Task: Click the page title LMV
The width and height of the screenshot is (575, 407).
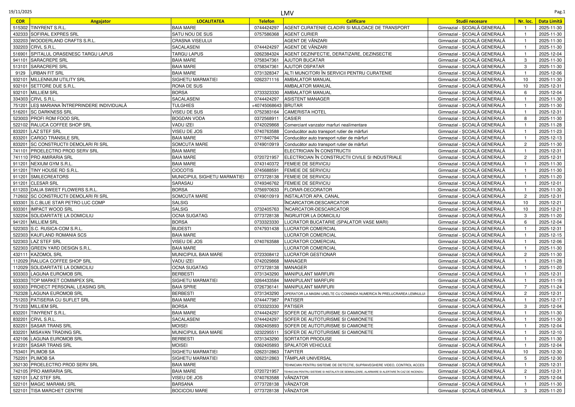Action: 287,13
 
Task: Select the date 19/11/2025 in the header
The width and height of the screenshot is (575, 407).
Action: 20,12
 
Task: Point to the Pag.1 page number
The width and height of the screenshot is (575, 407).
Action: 560,12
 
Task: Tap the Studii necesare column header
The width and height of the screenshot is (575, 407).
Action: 471,21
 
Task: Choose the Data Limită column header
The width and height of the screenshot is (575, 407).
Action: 550,21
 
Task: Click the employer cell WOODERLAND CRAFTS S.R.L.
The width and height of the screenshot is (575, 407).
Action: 63,41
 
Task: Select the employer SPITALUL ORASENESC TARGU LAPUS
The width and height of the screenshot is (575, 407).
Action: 72,54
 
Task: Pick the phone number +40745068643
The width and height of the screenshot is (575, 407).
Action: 266,106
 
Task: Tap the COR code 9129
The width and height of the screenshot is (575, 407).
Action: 20,73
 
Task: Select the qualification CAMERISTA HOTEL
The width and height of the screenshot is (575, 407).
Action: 305,112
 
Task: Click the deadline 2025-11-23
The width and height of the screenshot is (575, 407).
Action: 550,131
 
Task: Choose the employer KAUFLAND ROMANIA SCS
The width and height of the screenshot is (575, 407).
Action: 59,235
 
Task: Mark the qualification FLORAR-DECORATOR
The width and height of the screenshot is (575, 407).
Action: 308,190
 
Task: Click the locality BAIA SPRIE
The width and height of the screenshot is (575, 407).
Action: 184,287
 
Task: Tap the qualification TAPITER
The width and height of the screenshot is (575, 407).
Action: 294,352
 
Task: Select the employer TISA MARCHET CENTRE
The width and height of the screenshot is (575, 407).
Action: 57,391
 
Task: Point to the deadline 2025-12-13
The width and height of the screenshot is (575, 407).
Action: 550,138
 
